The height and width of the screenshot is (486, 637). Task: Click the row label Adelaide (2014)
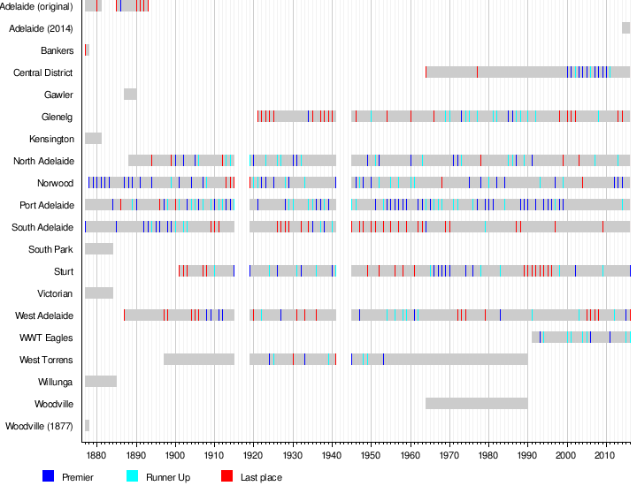point(41,28)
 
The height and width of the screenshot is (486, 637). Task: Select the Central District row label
point(43,72)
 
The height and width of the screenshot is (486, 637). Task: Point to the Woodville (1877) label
point(39,426)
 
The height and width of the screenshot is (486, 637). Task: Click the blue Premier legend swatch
point(49,476)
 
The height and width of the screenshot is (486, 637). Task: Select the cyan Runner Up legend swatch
point(133,476)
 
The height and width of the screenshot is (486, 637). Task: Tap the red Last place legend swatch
point(226,476)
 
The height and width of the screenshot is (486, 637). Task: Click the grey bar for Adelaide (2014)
point(625,28)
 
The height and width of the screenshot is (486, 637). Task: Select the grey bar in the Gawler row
point(130,95)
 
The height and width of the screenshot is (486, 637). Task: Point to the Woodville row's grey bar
point(476,404)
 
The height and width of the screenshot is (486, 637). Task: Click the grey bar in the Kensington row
point(93,139)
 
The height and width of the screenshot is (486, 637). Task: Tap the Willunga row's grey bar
point(100,382)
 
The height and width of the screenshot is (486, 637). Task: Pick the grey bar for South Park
point(98,249)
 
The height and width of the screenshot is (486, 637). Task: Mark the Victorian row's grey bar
point(98,293)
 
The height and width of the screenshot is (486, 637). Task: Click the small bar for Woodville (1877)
point(87,426)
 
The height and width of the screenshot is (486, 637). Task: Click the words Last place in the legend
point(261,477)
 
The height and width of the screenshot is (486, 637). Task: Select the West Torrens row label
point(46,360)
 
